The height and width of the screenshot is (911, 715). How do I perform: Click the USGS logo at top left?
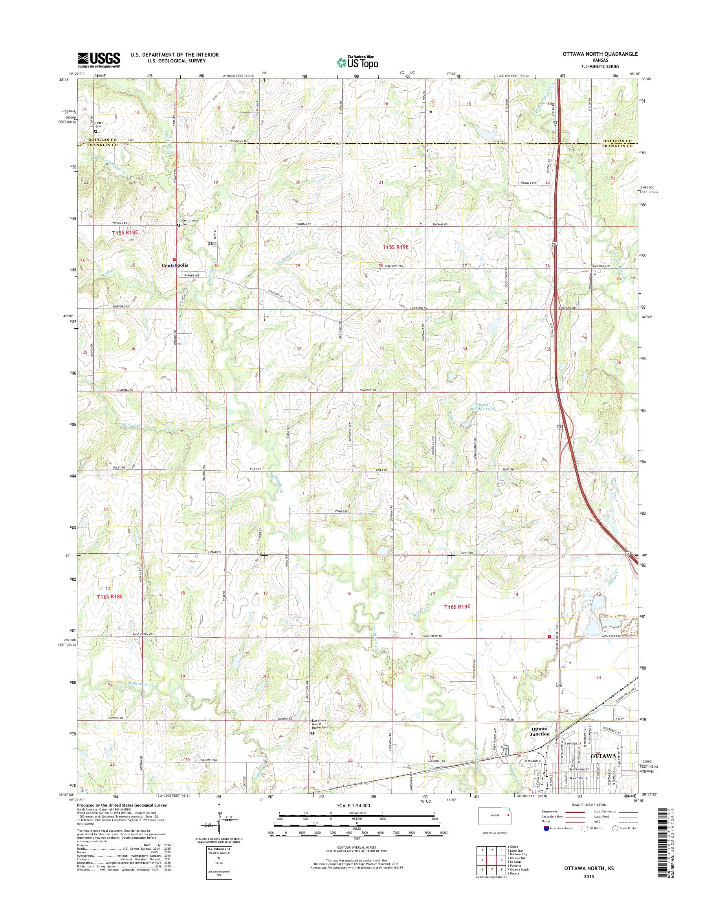pos(99,60)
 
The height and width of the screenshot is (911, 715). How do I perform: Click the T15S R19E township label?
pos(395,247)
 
